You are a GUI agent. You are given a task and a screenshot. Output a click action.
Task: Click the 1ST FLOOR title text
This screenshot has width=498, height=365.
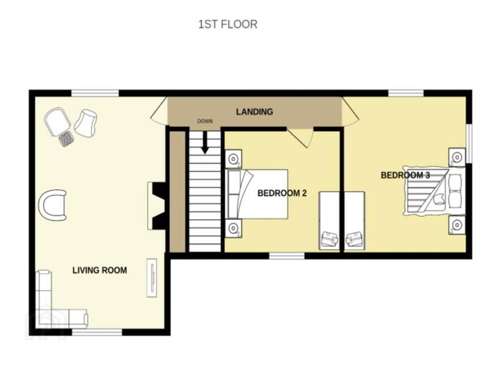pyautogui.click(x=227, y=24)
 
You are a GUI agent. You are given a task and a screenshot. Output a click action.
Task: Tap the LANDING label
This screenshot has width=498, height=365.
pyautogui.click(x=255, y=112)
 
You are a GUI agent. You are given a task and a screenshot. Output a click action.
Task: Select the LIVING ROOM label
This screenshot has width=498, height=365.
pyautogui.click(x=100, y=270)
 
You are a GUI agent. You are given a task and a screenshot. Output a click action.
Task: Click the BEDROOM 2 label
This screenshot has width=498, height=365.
pyautogui.click(x=282, y=193)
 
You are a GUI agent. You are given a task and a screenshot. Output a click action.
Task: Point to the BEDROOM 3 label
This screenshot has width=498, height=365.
pyautogui.click(x=405, y=175)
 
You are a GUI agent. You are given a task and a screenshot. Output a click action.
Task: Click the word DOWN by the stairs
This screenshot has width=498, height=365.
pyautogui.click(x=205, y=121)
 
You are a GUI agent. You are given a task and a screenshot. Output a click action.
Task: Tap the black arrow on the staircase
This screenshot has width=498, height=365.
pyautogui.click(x=205, y=142)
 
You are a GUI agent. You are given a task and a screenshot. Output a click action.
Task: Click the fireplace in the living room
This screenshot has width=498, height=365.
pyautogui.click(x=157, y=205)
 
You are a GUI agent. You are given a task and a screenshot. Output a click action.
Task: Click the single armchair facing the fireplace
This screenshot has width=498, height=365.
pyautogui.click(x=53, y=205)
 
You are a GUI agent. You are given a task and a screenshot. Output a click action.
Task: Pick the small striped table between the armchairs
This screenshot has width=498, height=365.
pyautogui.click(x=66, y=138)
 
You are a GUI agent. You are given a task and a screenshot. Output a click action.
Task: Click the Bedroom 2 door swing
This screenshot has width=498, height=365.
pyautogui.click(x=299, y=138)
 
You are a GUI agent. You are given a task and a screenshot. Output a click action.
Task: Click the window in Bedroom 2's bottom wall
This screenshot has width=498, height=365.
pyautogui.click(x=287, y=256)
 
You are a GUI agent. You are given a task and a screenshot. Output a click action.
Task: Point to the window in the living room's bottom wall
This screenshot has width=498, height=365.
pyautogui.click(x=97, y=332)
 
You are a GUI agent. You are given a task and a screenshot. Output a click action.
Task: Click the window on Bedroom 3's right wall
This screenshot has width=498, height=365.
pyautogui.click(x=469, y=144)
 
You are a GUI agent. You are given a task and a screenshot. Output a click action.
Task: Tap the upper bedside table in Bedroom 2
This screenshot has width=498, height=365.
pyautogui.click(x=233, y=158)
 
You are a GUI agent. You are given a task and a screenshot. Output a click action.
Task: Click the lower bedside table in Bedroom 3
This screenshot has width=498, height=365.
pyautogui.click(x=457, y=225)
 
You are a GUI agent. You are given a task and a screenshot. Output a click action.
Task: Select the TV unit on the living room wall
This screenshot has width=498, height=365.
pyautogui.click(x=152, y=278)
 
